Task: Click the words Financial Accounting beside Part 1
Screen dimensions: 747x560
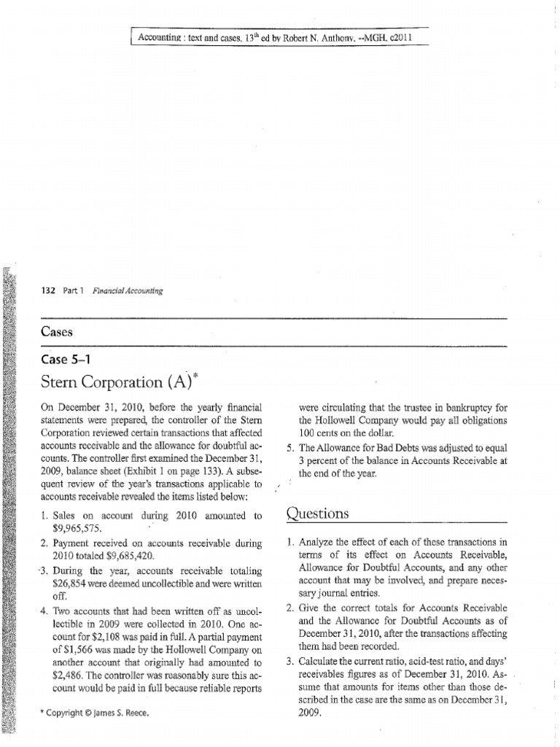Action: pos(128,290)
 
